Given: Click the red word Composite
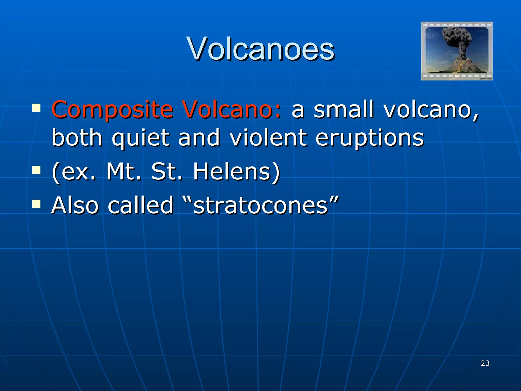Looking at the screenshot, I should (112, 110).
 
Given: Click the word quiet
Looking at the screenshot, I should (140, 138).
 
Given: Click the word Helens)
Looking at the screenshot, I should (237, 172).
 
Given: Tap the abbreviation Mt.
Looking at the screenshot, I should (124, 172).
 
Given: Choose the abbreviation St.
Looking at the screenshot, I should (167, 172).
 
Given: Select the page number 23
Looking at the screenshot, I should (485, 363).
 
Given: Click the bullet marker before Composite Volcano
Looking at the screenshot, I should (36, 108).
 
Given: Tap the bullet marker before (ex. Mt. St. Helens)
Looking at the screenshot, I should (36, 170).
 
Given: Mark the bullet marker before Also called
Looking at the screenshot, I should (36, 203).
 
